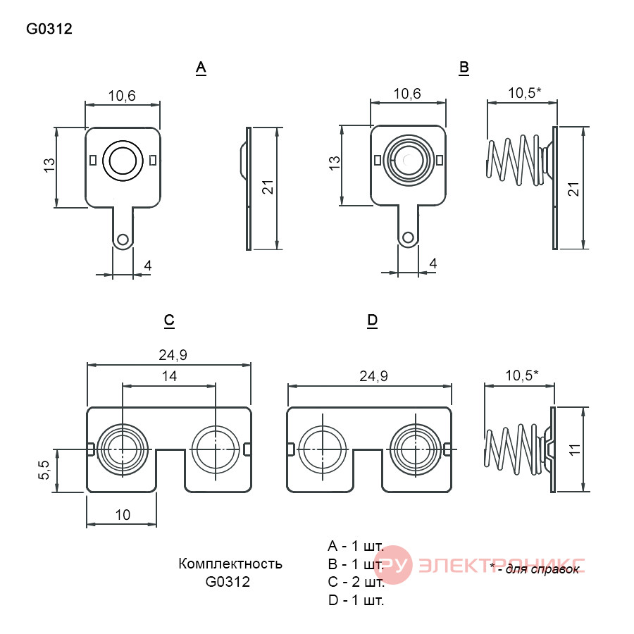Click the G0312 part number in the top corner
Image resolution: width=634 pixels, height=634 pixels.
coord(49,29)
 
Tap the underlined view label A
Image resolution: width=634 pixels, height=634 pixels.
coord(201,68)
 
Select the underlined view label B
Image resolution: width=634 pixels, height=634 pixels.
coord(464,68)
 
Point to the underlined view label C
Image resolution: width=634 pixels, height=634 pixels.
coord(169,321)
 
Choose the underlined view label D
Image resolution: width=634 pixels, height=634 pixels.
coord(373,321)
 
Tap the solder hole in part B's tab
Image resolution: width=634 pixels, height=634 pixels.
coord(409,237)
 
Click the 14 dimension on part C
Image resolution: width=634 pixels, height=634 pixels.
coord(169,376)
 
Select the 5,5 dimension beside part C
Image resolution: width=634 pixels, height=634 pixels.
coord(44,471)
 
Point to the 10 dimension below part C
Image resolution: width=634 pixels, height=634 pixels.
coord(123,515)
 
